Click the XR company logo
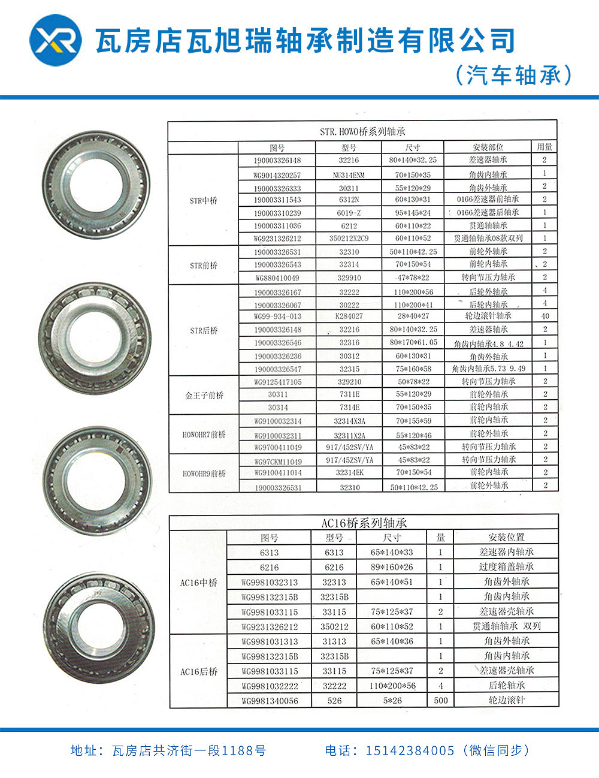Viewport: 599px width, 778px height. tap(56, 41)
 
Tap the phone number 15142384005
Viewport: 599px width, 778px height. tap(410, 750)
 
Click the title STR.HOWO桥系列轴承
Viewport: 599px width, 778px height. tap(362, 131)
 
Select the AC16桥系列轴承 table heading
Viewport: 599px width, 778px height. tap(364, 523)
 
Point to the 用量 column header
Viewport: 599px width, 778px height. tap(544, 147)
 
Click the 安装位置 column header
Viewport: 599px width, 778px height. tap(506, 538)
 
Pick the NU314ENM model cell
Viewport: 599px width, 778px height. tap(349, 175)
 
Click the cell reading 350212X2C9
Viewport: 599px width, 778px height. tap(349, 238)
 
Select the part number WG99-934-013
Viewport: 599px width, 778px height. tap(277, 316)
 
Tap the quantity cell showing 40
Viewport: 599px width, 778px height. tap(544, 316)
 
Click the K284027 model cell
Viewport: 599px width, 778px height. tap(349, 316)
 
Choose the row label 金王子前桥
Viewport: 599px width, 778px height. tap(204, 395)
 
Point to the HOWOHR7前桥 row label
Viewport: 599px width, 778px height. tap(204, 434)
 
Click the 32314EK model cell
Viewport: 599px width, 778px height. tap(349, 472)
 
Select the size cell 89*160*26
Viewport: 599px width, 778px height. tap(392, 567)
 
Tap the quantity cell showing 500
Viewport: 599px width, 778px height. tap(441, 700)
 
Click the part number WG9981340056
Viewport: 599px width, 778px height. tap(270, 701)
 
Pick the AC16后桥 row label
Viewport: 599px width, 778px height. tap(199, 671)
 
